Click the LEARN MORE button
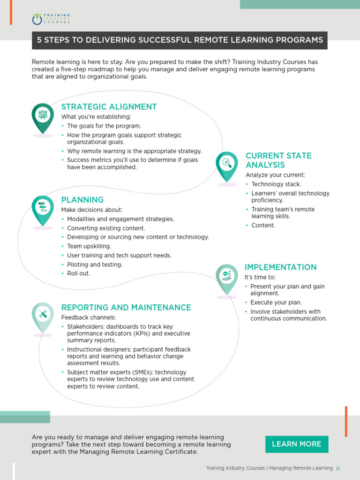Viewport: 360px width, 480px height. (297, 444)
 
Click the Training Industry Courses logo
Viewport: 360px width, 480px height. (51, 19)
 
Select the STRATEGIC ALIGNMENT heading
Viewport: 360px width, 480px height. (109, 107)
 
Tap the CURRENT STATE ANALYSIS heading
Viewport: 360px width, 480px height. (278, 160)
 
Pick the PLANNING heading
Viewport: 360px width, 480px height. (82, 200)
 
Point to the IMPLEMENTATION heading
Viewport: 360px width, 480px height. (281, 267)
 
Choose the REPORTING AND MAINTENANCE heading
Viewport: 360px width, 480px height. (126, 307)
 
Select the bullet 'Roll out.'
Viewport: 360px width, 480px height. (78, 273)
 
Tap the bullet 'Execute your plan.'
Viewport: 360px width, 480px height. (276, 302)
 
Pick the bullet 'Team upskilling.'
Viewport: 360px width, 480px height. (89, 246)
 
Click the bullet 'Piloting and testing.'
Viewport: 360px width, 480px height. (95, 264)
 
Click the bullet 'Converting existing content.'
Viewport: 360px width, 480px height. (106, 228)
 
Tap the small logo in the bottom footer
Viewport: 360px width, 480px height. (338, 468)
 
